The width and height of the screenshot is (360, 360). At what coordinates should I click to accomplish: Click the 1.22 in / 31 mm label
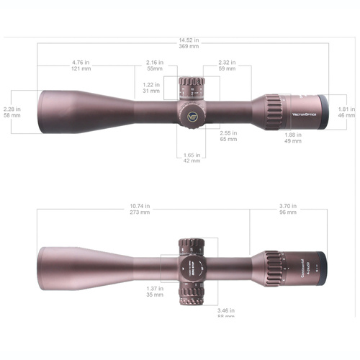pos(151,87)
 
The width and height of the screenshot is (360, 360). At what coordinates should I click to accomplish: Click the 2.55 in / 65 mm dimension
pos(228,135)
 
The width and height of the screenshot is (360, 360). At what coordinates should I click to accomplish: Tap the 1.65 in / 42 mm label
pos(191,158)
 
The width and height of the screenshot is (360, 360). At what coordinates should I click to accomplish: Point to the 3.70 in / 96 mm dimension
pos(288,210)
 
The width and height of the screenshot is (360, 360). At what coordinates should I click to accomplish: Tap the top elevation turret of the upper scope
pos(191,89)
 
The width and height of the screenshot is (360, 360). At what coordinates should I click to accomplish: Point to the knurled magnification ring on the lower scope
pos(274,266)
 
